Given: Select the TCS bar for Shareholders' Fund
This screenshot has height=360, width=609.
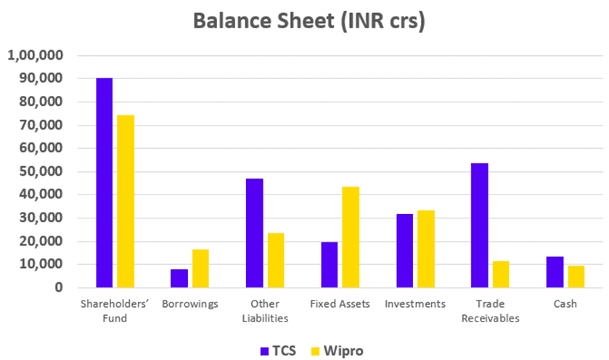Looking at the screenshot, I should (105, 183).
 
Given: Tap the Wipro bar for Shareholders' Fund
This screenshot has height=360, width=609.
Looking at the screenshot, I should (126, 202).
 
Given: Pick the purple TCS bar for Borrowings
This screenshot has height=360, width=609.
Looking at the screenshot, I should (179, 279).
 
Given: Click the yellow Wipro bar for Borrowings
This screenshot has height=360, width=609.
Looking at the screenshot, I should (200, 269).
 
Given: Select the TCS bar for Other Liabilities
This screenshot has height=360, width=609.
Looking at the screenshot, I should (254, 233).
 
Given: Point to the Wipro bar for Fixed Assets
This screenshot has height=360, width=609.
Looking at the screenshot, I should (351, 237).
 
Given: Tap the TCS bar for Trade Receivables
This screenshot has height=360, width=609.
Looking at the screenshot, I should (479, 226).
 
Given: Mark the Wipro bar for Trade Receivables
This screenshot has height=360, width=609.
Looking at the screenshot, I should (501, 274).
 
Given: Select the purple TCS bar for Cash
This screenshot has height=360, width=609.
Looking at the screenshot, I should (555, 272).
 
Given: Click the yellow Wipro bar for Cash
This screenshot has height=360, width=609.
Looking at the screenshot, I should (576, 277).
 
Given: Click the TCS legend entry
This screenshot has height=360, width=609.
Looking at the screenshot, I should (274, 350).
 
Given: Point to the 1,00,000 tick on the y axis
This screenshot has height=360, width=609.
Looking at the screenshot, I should (36, 56).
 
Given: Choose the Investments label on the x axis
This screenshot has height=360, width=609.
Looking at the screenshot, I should (415, 304).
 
